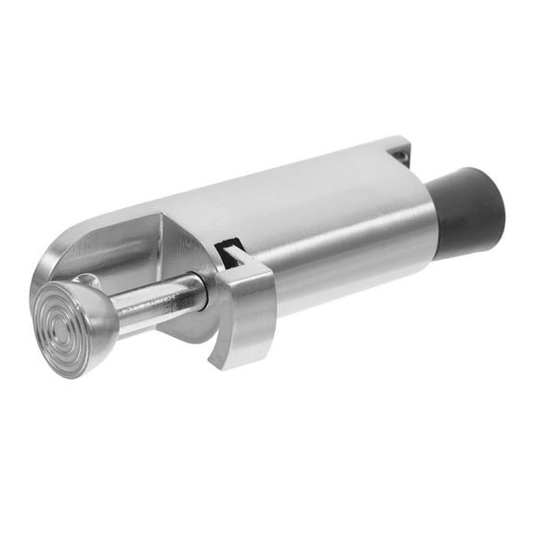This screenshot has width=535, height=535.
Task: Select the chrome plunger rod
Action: [158, 300]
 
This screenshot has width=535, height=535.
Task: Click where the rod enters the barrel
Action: [202, 289]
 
